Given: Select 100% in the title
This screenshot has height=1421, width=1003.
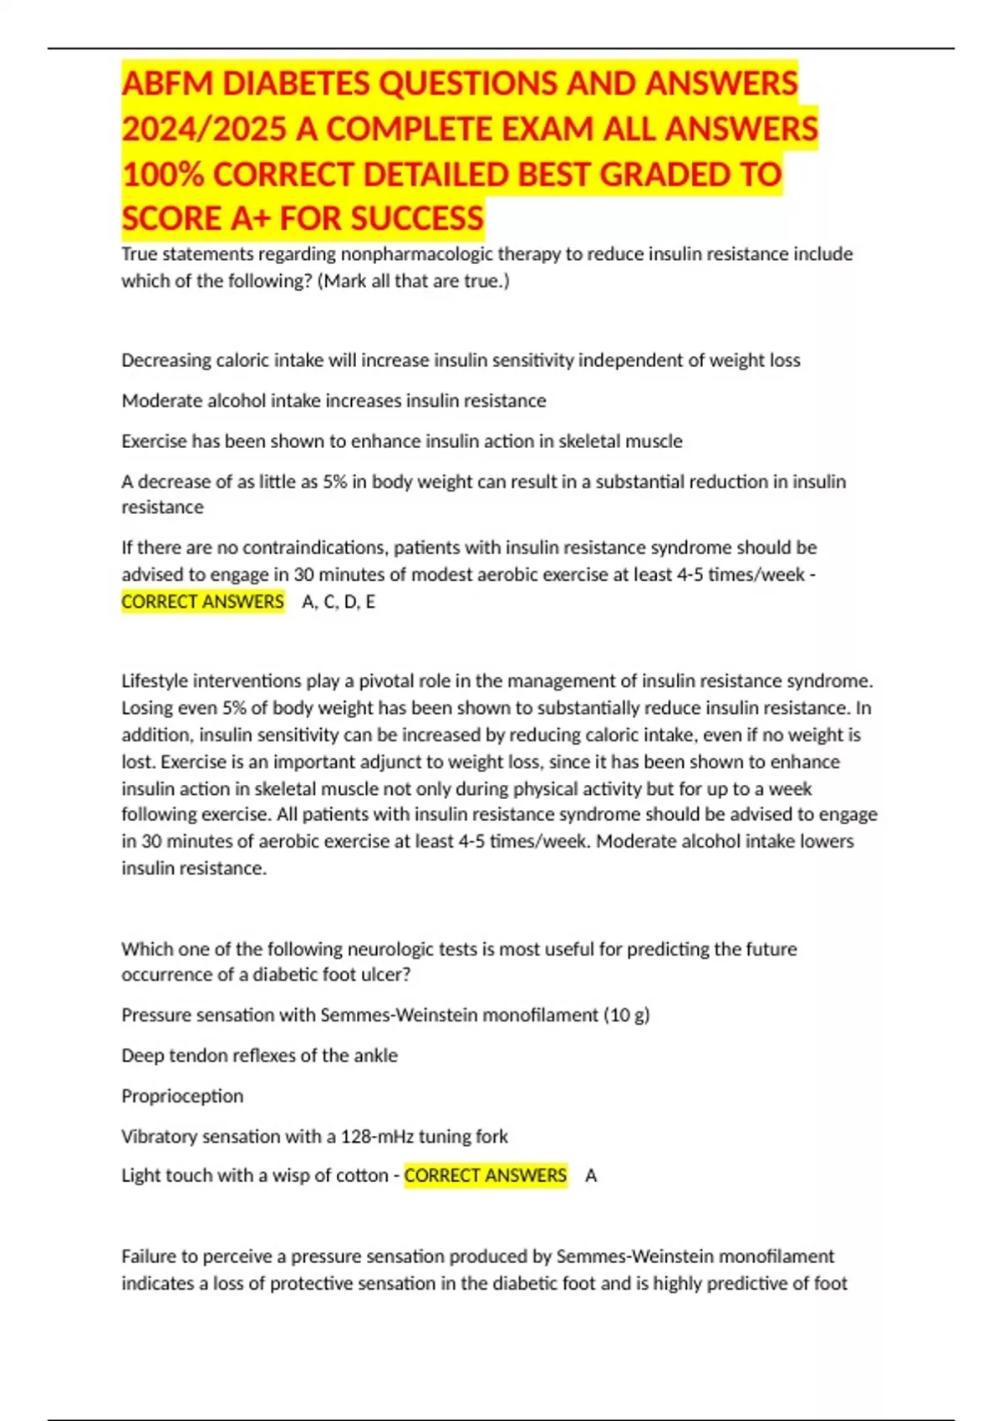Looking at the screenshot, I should (162, 174).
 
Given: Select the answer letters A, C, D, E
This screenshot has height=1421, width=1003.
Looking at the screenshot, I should (339, 602).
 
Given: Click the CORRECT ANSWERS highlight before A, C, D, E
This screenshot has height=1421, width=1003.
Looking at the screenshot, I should (202, 602).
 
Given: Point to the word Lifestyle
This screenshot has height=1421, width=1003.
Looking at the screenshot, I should (156, 681).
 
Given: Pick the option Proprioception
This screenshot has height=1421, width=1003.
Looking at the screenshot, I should (182, 1096).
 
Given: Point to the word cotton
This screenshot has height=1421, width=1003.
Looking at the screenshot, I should (359, 1176).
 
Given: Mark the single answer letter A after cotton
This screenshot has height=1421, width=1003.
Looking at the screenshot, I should (591, 1176).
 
